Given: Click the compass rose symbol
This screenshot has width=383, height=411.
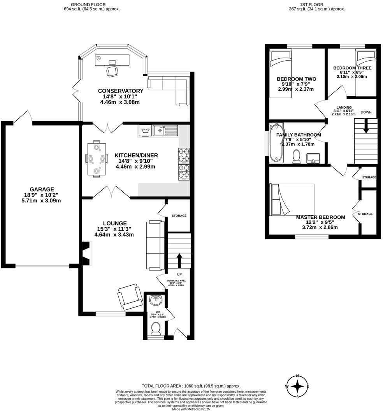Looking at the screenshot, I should (298, 386).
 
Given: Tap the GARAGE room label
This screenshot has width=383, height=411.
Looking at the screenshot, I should (42, 190).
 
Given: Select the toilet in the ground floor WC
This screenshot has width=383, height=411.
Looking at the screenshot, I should (156, 328).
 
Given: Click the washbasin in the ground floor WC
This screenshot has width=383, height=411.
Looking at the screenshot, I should (156, 300).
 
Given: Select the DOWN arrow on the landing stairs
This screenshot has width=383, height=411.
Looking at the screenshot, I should (366, 127).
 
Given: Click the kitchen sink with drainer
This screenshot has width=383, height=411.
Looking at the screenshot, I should (165, 130).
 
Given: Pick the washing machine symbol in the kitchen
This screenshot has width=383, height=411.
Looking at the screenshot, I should (145, 130).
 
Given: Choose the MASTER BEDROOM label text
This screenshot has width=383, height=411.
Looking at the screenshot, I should (320, 217).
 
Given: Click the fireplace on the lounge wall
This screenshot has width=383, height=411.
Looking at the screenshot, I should (86, 254).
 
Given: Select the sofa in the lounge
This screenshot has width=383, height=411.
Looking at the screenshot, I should (155, 245).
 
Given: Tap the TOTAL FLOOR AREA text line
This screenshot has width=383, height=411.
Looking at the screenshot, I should (191, 385).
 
